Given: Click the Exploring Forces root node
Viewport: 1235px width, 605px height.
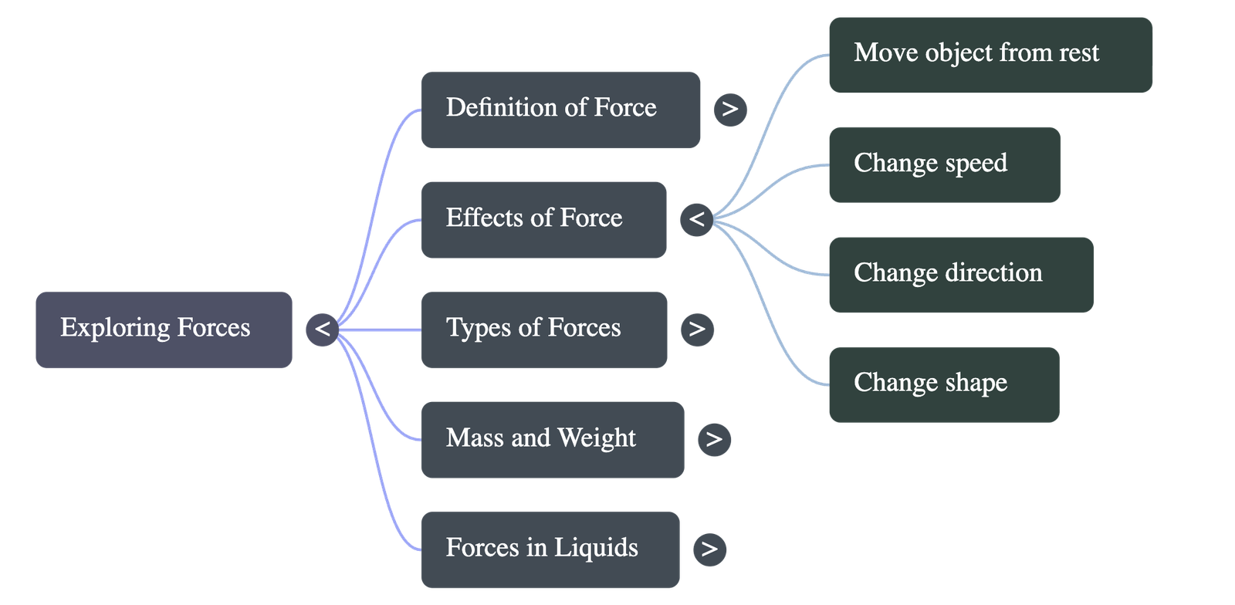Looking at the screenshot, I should tap(164, 330).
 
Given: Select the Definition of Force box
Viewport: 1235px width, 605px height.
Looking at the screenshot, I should tap(560, 109).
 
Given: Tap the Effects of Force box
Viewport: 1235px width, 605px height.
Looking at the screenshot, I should tap(543, 219).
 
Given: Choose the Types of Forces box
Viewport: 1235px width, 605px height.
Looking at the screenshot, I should tap(543, 330).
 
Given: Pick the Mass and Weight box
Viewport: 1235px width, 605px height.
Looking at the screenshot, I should tap(552, 439).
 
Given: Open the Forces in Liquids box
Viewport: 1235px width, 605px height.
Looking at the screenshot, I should tap(550, 549).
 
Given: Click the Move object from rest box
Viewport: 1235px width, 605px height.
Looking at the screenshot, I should tap(991, 55).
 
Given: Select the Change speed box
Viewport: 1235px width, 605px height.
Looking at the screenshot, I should tap(944, 164).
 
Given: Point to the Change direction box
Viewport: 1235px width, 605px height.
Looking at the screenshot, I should tap(961, 275).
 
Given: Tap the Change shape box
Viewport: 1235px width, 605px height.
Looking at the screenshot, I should tap(944, 384).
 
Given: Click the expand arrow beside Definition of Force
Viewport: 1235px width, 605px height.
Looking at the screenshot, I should tap(730, 109).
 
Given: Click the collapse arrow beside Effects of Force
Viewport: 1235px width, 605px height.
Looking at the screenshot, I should tap(696, 219).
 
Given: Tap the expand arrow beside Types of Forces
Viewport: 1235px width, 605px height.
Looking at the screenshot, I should tap(697, 330).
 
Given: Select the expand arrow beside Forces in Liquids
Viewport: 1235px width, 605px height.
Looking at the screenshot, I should tap(709, 549).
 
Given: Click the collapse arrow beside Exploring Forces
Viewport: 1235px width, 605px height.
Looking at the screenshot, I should tap(322, 330).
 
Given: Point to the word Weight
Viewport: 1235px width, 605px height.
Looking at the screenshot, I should tap(596, 438).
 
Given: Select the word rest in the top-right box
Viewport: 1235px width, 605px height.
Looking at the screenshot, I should tap(1079, 53).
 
